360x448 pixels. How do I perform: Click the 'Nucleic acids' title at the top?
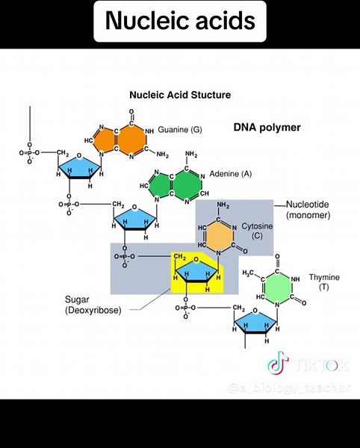pyautogui.click(x=180, y=22)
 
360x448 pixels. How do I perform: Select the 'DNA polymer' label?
pyautogui.click(x=267, y=128)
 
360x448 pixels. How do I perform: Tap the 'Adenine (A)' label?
pyautogui.click(x=231, y=173)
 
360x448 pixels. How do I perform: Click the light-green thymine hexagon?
pyautogui.click(x=277, y=288)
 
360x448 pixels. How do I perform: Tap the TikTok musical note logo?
pyautogui.click(x=278, y=365)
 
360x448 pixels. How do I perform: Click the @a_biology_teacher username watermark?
pyautogui.click(x=290, y=388)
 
